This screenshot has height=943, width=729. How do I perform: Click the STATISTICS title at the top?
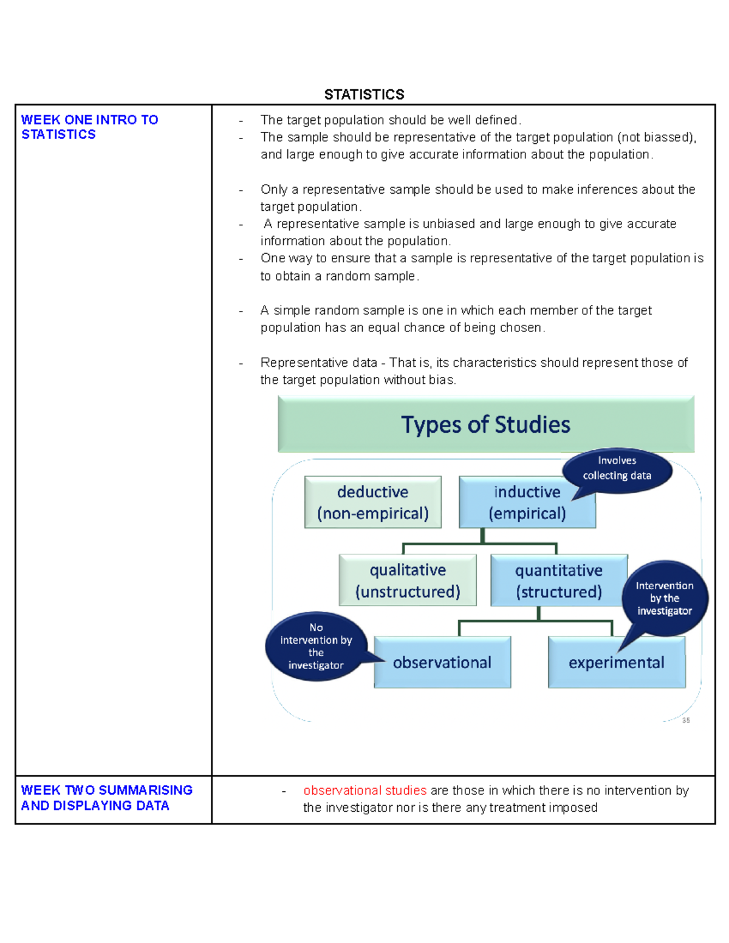tap(364, 94)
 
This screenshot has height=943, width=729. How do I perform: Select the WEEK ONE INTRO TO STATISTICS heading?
tap(89, 127)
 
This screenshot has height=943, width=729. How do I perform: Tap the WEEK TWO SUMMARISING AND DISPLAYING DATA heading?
tap(106, 797)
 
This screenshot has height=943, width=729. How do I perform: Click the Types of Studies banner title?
tap(485, 424)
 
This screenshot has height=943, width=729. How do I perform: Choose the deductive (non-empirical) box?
tap(372, 502)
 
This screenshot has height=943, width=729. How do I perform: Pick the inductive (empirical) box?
tap(526, 502)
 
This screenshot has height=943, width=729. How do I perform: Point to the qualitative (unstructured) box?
tap(408, 580)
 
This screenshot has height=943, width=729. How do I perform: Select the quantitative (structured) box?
tap(558, 580)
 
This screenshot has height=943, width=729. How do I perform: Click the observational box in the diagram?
tap(442, 662)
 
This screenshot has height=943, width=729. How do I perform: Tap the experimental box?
tap(616, 662)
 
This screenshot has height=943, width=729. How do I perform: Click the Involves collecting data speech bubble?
tap(617, 468)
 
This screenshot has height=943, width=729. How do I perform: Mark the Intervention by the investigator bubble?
tap(664, 598)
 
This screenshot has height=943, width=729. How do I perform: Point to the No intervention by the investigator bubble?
tap(316, 646)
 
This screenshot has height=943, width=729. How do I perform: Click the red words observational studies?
tap(364, 790)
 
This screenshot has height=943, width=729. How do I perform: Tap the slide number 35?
tap(686, 720)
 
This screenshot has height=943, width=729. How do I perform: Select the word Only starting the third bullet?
tap(273, 189)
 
